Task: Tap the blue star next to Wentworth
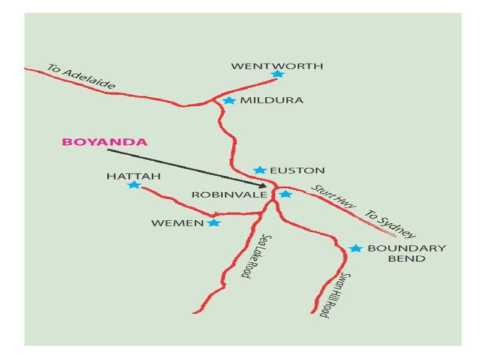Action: (277, 74)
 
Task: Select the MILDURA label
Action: (272, 100)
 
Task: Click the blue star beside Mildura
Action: (229, 100)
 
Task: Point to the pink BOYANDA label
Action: (104, 142)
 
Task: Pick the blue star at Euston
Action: (259, 170)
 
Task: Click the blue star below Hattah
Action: (133, 185)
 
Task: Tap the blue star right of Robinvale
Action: (286, 194)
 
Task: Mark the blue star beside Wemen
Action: (214, 223)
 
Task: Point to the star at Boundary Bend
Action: (356, 248)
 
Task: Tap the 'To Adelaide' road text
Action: (81, 76)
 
